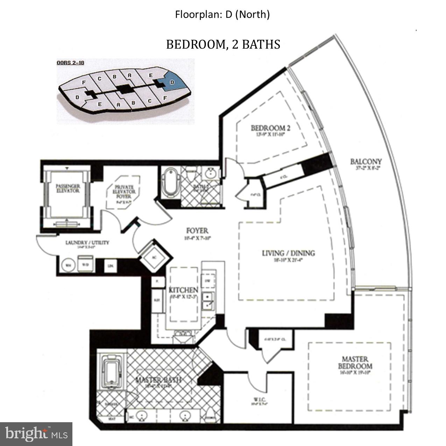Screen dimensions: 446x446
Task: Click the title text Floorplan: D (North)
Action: coord(222,15)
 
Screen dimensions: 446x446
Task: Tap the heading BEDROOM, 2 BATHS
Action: coord(223,44)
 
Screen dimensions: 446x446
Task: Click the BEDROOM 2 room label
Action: coord(270,128)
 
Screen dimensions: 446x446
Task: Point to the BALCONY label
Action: coord(366,162)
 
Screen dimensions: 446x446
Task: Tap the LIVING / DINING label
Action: coord(288,253)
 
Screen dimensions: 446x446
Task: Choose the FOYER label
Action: coord(197,231)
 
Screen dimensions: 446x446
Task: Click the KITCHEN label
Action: coord(184,290)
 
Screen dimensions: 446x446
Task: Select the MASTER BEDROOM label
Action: coord(355,363)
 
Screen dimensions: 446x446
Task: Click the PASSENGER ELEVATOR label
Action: coord(68,188)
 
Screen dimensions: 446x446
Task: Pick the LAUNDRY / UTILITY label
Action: coord(87,242)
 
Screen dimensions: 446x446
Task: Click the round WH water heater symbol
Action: coord(68,266)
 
